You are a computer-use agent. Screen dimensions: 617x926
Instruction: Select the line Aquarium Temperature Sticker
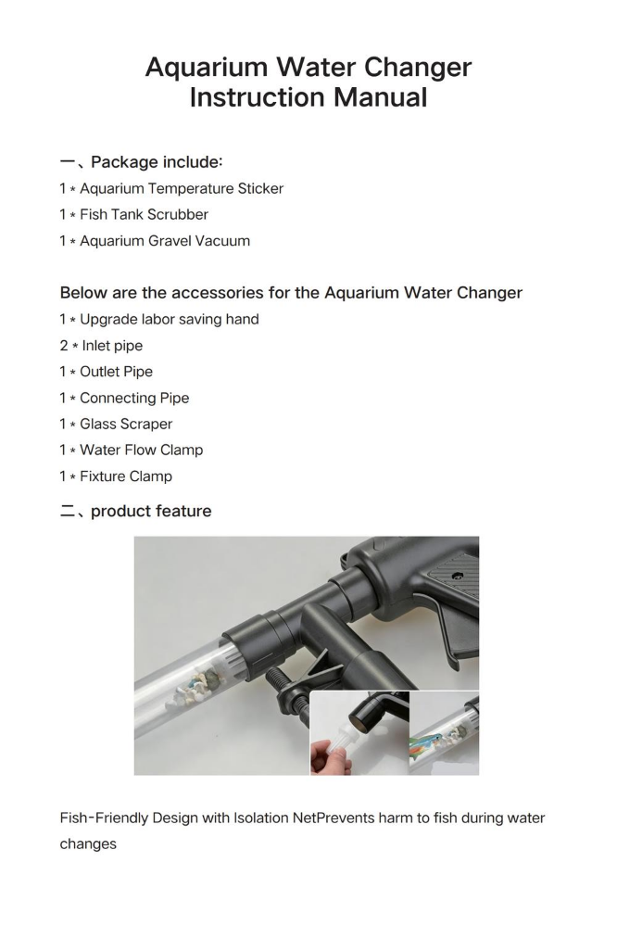point(171,188)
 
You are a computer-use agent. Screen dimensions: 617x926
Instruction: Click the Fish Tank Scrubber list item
point(133,214)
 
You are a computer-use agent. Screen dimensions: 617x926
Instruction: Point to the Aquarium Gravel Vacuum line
point(155,241)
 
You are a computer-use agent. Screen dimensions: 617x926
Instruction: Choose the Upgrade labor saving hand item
point(159,320)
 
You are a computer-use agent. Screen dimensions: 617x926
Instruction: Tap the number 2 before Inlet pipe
point(64,346)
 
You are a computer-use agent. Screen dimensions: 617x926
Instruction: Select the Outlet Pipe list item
point(107,372)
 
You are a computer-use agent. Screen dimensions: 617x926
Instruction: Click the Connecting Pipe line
point(124,398)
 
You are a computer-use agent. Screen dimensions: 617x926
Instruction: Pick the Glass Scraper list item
point(116,424)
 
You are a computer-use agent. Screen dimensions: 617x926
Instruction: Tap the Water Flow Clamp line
point(131,450)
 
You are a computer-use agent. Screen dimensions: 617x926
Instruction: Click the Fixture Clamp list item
point(116,476)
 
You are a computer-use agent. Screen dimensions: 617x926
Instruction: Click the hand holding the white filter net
point(330,756)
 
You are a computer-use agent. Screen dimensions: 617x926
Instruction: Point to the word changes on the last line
point(88,844)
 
